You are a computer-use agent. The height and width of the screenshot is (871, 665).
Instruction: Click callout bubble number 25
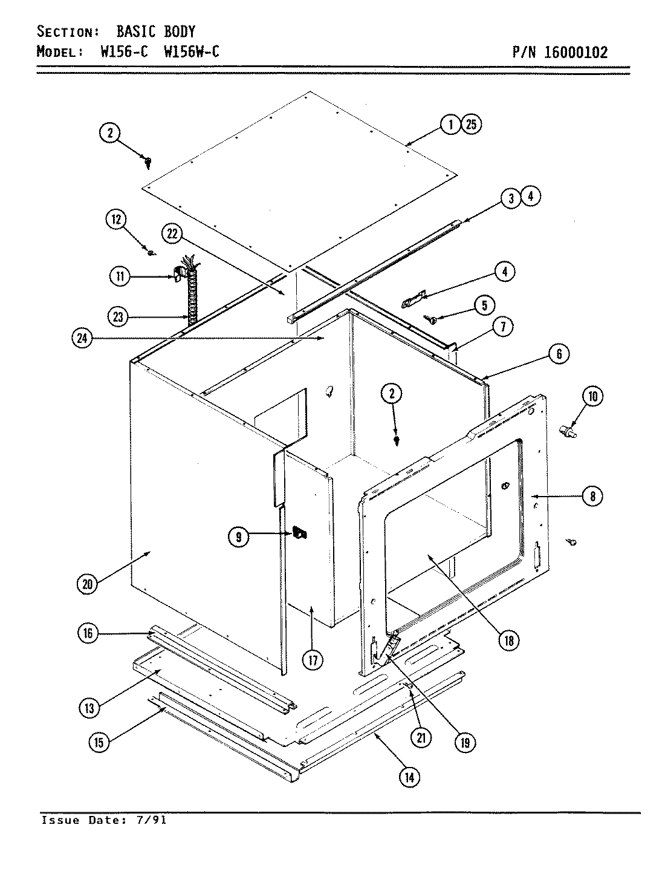tap(472, 125)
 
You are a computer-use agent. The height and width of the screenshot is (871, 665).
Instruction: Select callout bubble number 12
tap(116, 220)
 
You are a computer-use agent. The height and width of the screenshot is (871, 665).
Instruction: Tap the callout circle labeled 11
tap(119, 277)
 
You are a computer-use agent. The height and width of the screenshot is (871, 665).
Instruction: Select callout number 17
tap(313, 659)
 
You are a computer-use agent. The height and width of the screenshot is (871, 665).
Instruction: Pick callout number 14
tap(409, 777)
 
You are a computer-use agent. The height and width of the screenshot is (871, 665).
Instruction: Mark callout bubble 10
tap(592, 396)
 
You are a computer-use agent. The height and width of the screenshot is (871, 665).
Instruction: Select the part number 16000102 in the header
tap(576, 52)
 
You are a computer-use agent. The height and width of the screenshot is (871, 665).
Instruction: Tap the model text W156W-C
tap(191, 52)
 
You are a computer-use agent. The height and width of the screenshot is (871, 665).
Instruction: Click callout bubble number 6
tap(559, 354)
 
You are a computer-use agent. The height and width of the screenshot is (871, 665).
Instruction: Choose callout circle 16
tap(88, 633)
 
